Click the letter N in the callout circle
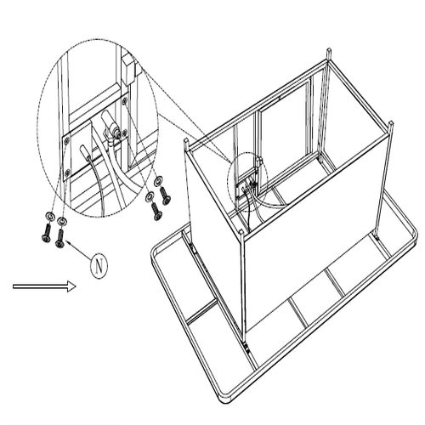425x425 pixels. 99,266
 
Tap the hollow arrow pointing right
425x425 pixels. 44,286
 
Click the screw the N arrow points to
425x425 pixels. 60,238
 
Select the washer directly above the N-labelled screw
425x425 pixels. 61,220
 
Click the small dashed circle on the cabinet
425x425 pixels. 247,182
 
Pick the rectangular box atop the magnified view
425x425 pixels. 129,70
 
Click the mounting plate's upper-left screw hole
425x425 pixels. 67,139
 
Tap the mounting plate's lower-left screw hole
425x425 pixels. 67,172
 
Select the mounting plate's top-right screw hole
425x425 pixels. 124,100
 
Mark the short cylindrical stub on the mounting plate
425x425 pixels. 85,150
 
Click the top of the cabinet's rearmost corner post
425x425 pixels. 328,50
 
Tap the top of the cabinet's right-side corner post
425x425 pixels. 391,123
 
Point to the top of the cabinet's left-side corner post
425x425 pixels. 186,140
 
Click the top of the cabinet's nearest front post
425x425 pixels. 241,231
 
